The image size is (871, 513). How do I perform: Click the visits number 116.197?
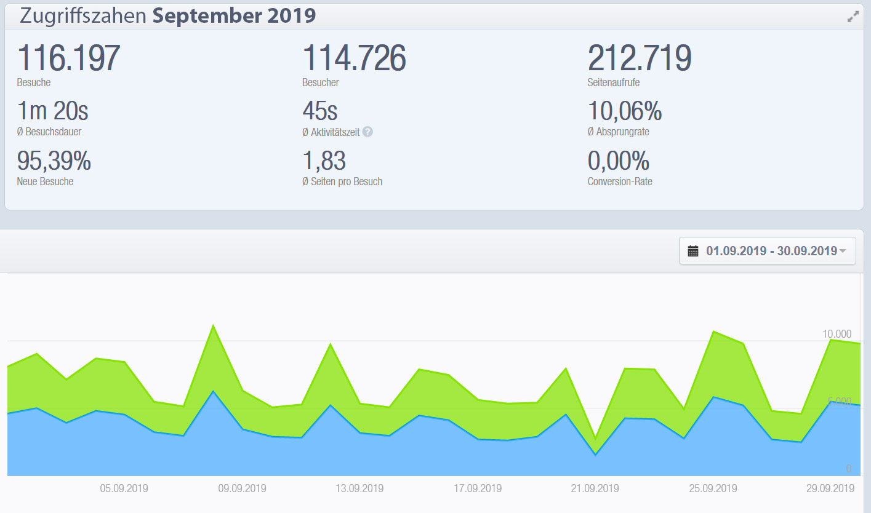pos(68,58)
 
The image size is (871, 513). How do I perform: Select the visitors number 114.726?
pos(354,58)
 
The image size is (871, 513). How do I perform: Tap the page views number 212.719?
pos(640,58)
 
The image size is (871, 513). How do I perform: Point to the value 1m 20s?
pos(53,111)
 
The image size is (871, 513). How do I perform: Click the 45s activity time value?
pos(320,111)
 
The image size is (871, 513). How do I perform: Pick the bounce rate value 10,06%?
pos(625,111)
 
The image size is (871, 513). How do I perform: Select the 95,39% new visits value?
pos(54,161)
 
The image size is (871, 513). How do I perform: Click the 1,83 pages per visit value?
pos(324,161)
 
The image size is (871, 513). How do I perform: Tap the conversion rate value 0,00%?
pos(619,161)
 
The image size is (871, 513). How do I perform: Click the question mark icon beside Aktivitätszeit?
pos(367,131)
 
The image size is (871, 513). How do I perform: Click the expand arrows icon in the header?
pos(853,17)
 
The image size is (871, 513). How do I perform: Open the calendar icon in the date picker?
pos(693,251)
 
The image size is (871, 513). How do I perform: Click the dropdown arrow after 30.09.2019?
pos(843,251)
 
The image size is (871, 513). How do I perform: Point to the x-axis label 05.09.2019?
pos(124,488)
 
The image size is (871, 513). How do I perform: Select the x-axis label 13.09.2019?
pos(359,488)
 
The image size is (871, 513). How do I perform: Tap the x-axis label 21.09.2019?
pos(595,488)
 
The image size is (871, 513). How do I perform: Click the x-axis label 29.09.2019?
pos(830,488)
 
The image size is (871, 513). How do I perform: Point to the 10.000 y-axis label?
pos(837,334)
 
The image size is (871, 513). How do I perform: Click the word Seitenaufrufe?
pos(614,82)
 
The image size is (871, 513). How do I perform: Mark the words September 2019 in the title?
pos(235,16)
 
